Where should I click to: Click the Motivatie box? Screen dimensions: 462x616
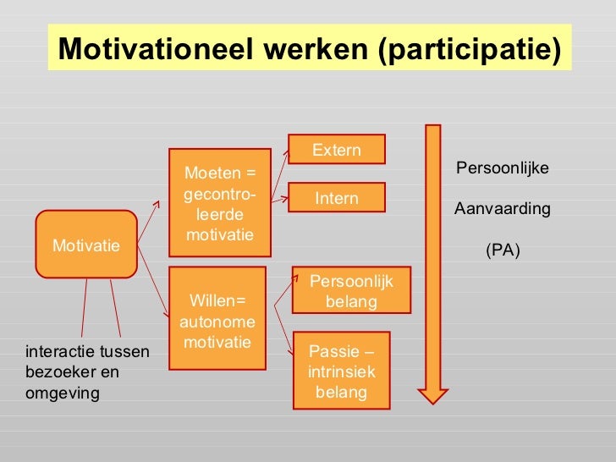pos(85,245)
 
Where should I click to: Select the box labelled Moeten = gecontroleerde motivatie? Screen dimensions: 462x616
pos(219,203)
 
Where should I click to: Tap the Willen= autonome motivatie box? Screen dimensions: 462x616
pos(217,318)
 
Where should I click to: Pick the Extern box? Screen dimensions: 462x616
pos(337,150)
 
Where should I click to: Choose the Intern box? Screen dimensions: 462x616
pos(337,198)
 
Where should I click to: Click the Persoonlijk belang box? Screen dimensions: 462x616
pos(351,290)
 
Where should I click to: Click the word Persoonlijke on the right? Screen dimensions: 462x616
pos(503,168)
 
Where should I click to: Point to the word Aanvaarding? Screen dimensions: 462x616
pos(503,208)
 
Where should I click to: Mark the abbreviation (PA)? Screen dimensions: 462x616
pos(503,250)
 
